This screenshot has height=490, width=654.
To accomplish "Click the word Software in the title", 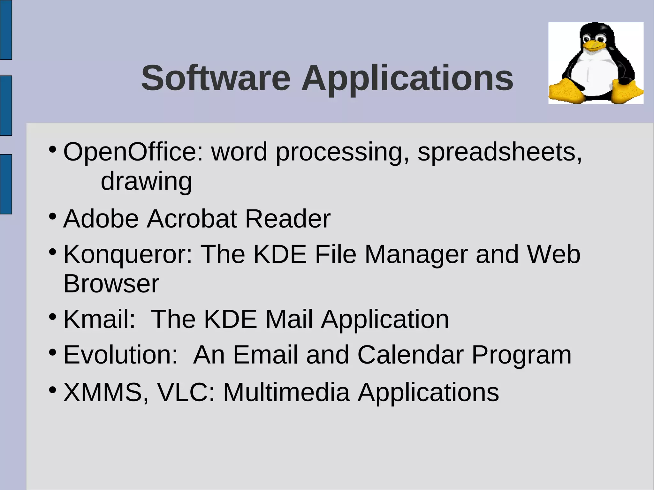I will [216, 78].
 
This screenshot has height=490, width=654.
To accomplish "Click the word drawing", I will [146, 181].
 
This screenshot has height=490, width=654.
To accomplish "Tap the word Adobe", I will [101, 219].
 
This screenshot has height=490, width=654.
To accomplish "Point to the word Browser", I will [111, 284].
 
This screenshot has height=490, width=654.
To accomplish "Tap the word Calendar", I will [410, 355].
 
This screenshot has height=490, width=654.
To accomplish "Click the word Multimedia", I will [286, 392].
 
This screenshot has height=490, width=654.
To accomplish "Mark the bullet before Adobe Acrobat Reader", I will [53, 216].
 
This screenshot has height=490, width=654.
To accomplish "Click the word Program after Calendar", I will [521, 355].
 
